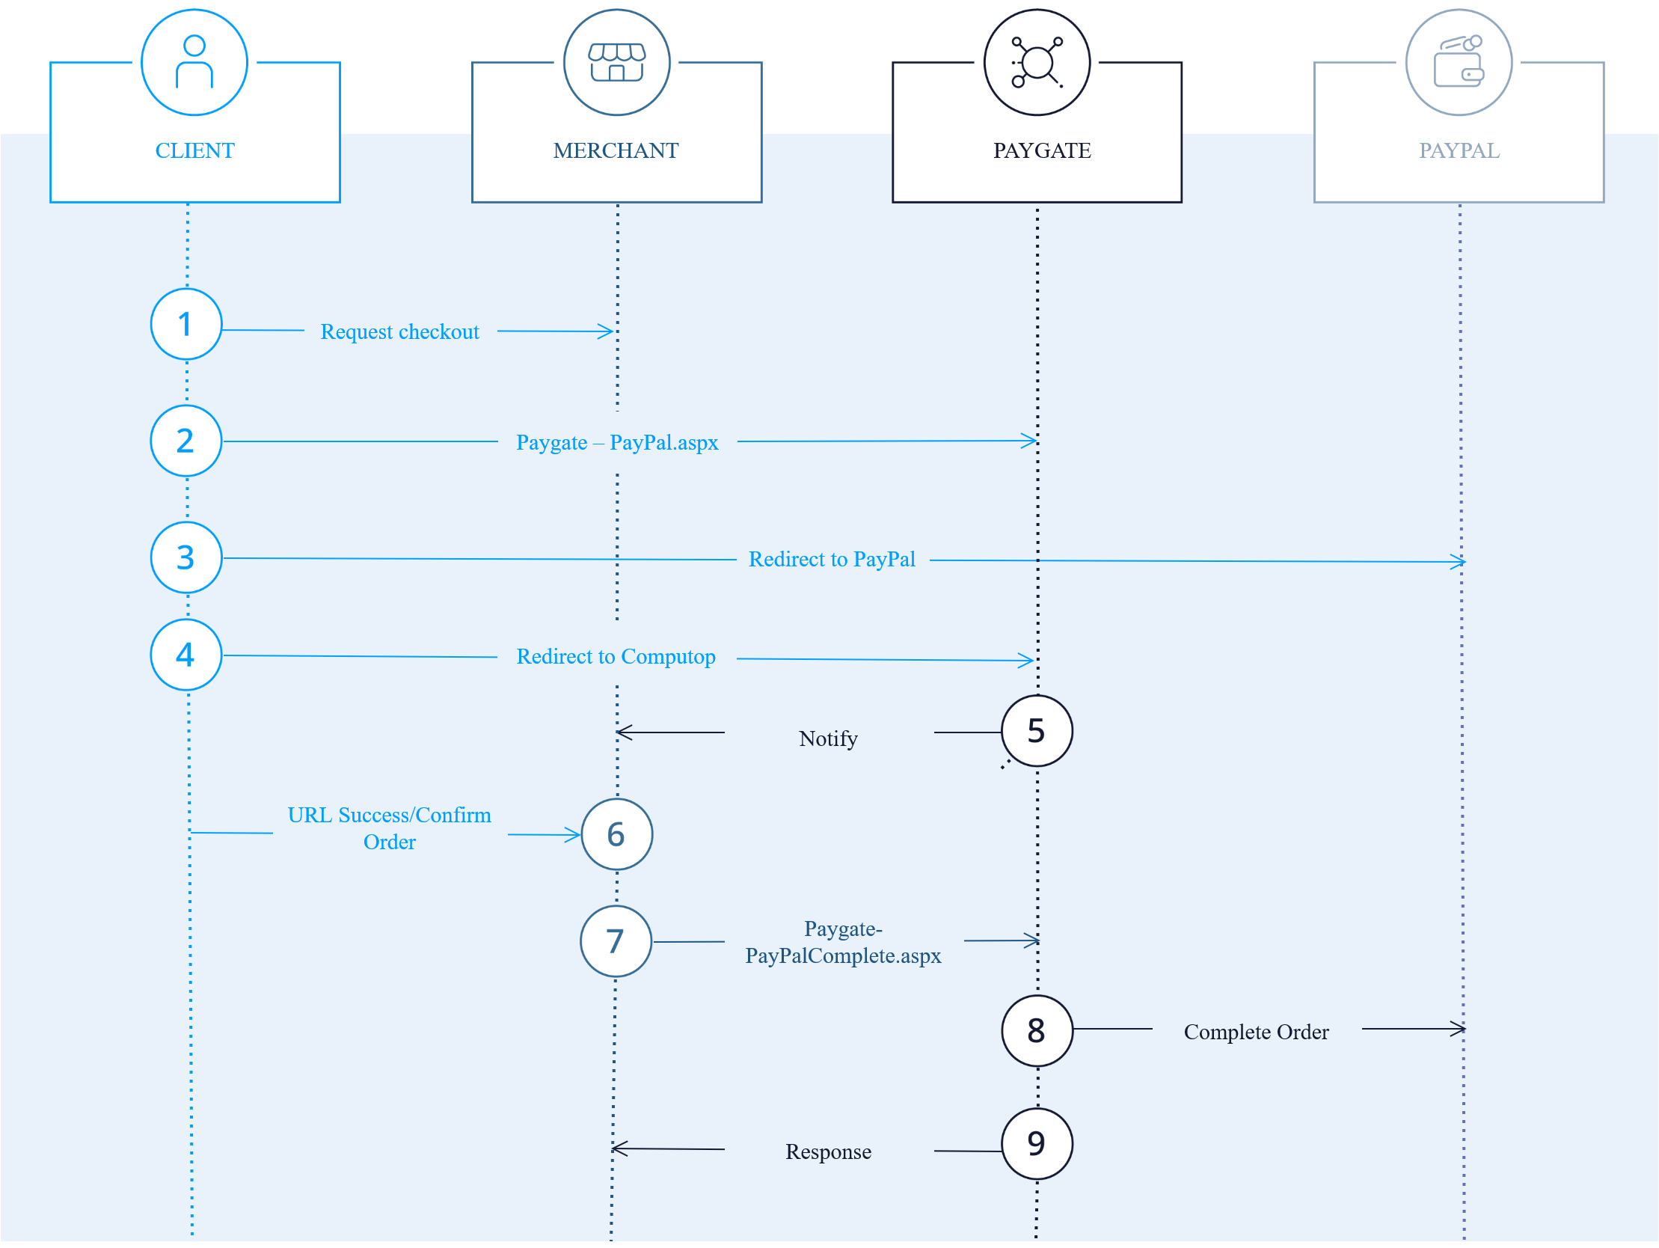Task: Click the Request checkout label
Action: coord(399,331)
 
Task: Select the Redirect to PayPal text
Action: coord(832,560)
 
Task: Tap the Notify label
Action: coord(828,739)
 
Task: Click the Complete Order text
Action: coord(1257,1033)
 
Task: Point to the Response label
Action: coord(828,1152)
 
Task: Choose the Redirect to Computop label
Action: coord(616,657)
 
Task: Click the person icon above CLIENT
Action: coord(194,61)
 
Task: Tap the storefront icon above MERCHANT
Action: coord(616,61)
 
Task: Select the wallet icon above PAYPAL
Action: coord(1459,61)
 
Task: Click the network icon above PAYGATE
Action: coord(1037,61)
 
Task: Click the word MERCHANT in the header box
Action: coord(616,151)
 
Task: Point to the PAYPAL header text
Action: coord(1459,151)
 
